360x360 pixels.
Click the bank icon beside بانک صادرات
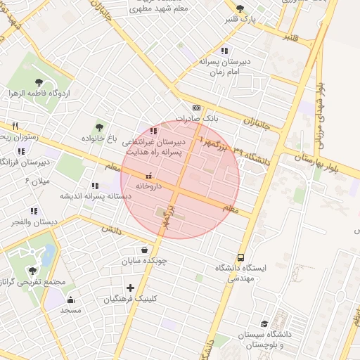196,108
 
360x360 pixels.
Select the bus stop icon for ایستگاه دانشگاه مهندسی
241,257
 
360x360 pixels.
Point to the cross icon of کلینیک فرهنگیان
130,287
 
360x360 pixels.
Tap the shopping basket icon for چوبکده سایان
144,249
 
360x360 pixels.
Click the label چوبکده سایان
144,260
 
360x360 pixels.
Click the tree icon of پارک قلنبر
240,9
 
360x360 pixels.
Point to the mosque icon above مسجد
70,299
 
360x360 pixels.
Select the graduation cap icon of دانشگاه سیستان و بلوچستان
264,324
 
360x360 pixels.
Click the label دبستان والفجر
25,222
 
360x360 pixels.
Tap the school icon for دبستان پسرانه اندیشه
95,186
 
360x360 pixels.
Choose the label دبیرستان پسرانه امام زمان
224,67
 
